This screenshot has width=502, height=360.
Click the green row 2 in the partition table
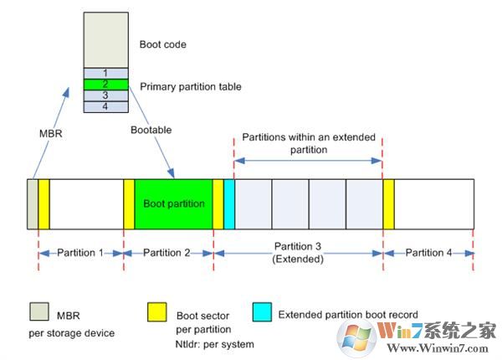105,85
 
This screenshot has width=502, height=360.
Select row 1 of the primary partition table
105,73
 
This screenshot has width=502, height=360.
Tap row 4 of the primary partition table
105,106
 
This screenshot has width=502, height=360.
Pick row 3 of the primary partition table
105,95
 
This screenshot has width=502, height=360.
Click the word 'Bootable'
151,130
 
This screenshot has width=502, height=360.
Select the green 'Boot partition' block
173,203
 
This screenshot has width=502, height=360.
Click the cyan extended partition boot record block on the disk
228,203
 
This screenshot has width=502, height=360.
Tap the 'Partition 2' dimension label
168,253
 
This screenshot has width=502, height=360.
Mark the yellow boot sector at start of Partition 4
389,203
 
